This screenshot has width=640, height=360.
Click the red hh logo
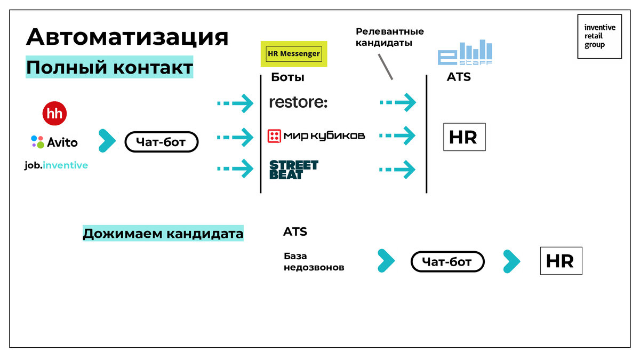[x=54, y=114]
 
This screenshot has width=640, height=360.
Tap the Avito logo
[x=54, y=142]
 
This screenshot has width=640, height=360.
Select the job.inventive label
[x=56, y=165]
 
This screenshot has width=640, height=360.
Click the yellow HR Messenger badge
[x=294, y=54]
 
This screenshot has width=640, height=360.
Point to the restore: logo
[x=298, y=102]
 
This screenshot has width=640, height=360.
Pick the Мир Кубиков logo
[x=316, y=135]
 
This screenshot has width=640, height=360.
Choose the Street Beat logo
[x=294, y=170]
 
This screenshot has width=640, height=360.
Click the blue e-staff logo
[x=465, y=52]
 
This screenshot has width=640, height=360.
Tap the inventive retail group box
[x=599, y=37]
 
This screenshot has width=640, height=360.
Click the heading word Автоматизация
[x=127, y=37]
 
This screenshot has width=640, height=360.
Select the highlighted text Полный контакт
[x=109, y=67]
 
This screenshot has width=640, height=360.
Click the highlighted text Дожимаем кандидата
[x=163, y=234]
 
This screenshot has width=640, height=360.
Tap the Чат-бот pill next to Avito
[x=162, y=142]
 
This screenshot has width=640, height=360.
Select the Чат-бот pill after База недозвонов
[x=447, y=261]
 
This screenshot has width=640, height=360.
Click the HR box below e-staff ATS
[x=465, y=137]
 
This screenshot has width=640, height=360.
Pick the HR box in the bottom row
[x=561, y=261]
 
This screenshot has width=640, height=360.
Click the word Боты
[x=287, y=77]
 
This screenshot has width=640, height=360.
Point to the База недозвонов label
[x=314, y=262]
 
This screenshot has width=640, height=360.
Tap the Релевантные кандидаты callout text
[x=390, y=37]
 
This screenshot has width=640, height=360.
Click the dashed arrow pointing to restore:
[x=235, y=103]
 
